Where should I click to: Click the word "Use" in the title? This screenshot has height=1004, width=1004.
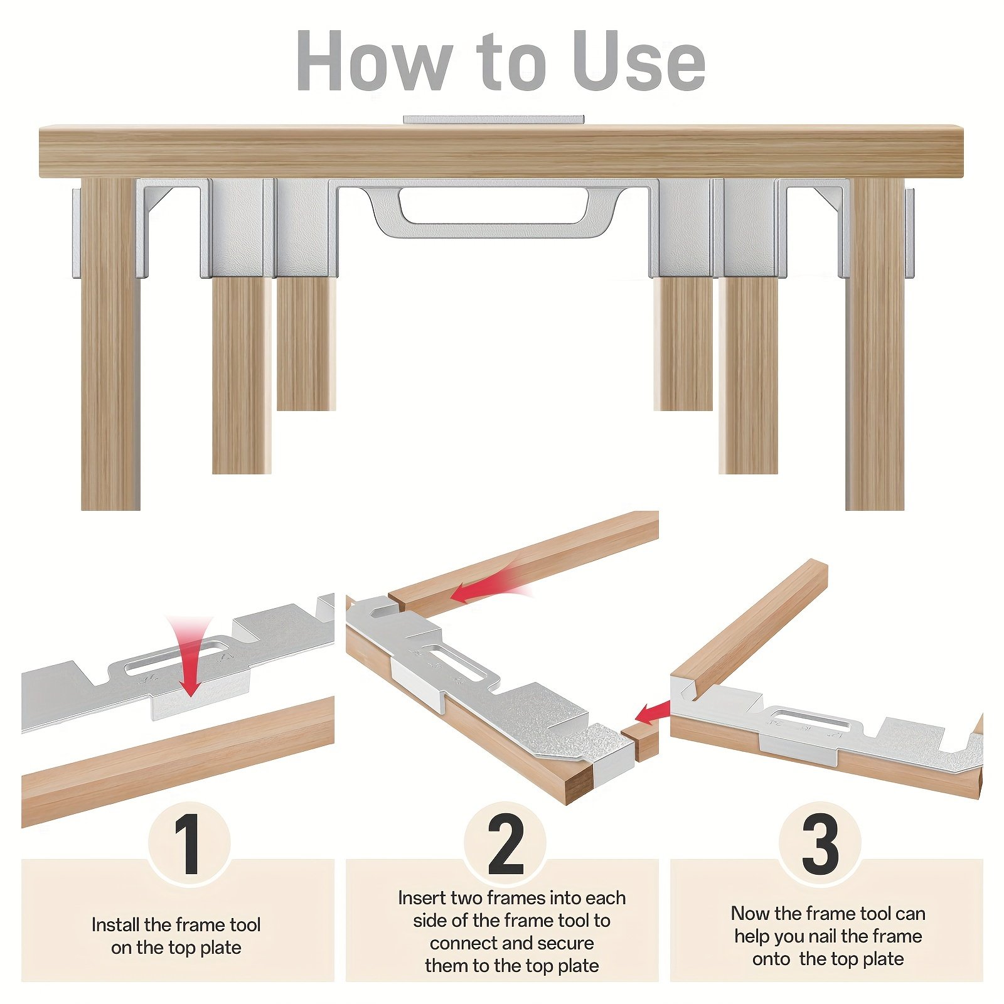coord(639,61)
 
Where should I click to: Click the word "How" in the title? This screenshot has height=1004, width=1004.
coord(374,61)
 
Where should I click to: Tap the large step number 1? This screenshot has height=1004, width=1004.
coord(188,845)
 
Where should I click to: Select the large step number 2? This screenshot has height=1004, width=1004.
coord(505,845)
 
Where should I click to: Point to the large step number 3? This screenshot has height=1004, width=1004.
coord(820,845)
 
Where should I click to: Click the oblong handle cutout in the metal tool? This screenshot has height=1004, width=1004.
coord(494,205)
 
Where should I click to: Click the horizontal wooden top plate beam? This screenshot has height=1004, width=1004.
coord(501,151)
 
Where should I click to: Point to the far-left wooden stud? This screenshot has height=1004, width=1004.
coord(110,344)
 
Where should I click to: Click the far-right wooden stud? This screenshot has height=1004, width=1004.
coord(875,344)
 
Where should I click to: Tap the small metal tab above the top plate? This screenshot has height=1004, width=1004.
coord(494,119)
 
